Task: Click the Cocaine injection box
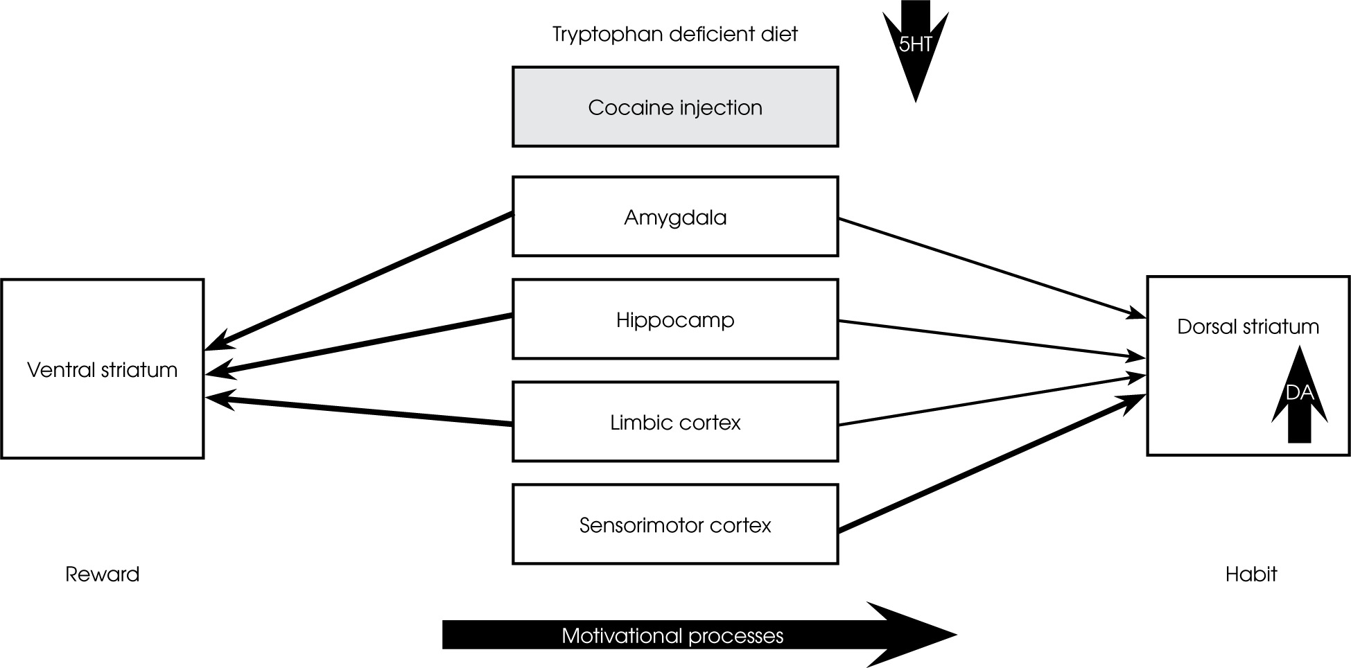point(674,107)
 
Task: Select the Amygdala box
point(674,217)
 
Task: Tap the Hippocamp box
point(674,319)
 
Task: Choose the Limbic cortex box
point(674,422)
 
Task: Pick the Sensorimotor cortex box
point(674,525)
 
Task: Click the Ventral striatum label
point(102,369)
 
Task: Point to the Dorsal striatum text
point(1248,326)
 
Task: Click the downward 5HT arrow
point(915,49)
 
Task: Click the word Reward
point(102,574)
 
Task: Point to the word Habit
point(1250,574)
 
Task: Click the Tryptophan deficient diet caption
point(674,34)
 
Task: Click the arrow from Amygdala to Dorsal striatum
point(991,267)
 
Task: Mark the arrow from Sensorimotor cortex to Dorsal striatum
point(991,462)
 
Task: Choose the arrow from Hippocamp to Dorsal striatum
point(991,340)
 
